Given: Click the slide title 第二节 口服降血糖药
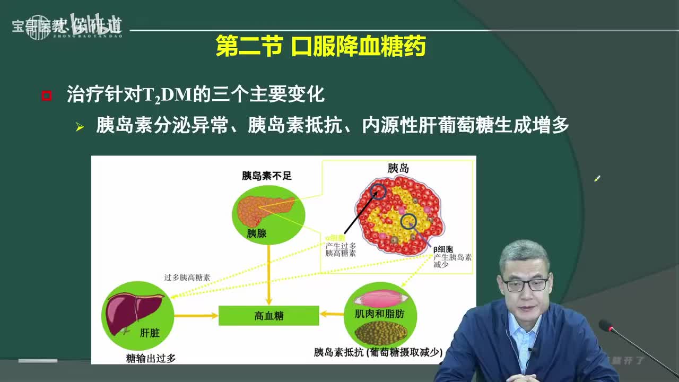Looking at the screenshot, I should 321,47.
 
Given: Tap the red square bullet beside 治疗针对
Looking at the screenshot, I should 47,96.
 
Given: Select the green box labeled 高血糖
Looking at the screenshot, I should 268,316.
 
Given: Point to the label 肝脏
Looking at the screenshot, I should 149,334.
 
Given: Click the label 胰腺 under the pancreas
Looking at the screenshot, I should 257,233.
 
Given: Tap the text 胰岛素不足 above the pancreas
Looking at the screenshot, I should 267,176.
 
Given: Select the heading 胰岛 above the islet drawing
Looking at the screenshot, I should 398,169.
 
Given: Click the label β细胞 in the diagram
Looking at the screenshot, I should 443,249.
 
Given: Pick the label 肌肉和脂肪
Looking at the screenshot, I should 379,314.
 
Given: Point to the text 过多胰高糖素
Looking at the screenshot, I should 187,277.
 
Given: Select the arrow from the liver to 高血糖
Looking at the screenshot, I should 196,316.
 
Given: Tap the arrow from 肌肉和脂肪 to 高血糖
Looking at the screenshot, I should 332,314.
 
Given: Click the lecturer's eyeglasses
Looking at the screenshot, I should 525,285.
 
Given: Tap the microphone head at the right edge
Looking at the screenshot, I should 605,325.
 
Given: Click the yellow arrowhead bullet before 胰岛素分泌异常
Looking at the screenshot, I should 80,127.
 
